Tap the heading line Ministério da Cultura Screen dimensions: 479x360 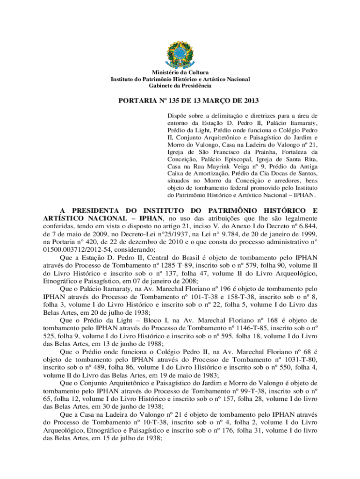180,73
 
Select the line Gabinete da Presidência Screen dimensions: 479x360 180,86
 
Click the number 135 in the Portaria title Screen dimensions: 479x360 161,100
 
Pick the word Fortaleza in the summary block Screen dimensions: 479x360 299,152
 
